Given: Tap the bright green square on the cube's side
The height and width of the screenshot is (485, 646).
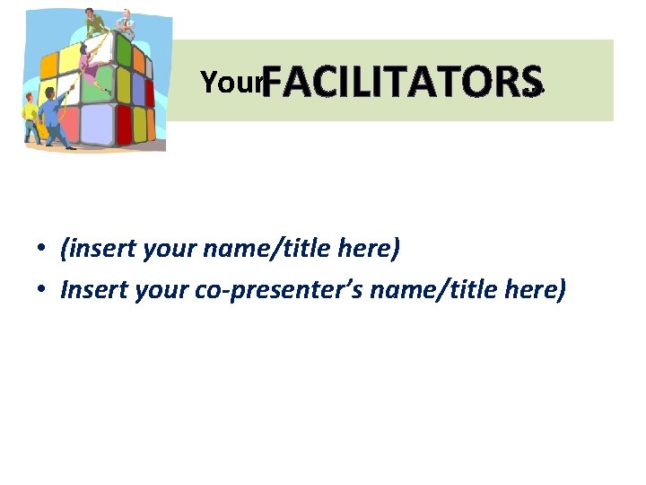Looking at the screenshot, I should [x=124, y=51].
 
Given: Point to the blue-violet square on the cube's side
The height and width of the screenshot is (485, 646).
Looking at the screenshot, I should [x=138, y=88].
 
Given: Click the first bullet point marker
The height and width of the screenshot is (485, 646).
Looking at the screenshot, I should [x=42, y=249].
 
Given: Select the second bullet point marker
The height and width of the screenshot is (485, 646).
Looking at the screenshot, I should [x=42, y=290].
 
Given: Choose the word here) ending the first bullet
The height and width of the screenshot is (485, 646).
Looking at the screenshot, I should [x=371, y=248].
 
